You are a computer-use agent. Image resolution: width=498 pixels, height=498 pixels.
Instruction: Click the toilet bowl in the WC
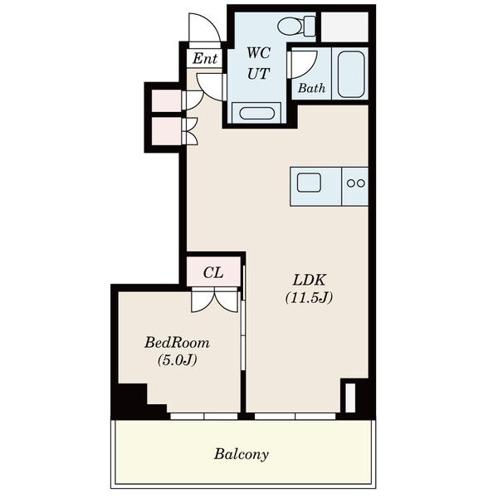coord(296,26)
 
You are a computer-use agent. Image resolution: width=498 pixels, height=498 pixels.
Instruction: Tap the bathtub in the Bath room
coord(350,75)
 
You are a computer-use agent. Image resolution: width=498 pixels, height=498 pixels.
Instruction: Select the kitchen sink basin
coord(309,183)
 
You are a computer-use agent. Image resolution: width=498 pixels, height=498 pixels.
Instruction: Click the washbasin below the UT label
coord(256,114)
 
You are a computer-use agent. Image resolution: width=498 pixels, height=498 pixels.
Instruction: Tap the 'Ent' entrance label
coord(205,58)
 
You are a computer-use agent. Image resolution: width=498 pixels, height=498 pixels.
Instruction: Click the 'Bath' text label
coord(311,88)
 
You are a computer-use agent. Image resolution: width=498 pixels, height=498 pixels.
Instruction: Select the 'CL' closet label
coord(213,272)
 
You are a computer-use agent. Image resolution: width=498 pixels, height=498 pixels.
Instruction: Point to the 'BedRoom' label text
coord(178,343)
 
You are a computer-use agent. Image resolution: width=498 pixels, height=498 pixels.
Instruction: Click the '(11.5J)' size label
coord(309,298)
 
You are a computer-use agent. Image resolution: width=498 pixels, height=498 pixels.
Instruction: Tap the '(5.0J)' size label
coord(178,360)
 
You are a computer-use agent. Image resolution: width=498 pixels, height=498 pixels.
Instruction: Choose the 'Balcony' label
coord(242,454)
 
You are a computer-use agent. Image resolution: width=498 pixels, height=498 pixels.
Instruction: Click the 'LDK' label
coord(309,281)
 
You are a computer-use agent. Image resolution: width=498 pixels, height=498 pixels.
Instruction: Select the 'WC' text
coord(258,53)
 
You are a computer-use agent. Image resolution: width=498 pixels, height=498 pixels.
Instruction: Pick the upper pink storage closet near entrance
coord(167,100)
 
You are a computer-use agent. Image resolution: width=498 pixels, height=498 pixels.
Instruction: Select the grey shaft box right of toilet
coord(344,27)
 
